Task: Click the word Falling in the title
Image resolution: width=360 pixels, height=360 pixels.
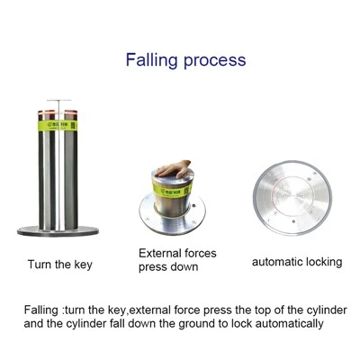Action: click(x=152, y=59)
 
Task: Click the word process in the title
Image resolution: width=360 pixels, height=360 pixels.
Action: click(x=215, y=60)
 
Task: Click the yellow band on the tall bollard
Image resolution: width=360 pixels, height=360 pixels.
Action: click(x=58, y=125)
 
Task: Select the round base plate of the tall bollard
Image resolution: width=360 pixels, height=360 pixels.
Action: click(x=58, y=231)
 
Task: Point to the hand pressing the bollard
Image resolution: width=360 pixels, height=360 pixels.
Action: click(x=174, y=168)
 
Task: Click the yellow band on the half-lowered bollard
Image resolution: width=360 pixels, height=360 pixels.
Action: click(x=172, y=190)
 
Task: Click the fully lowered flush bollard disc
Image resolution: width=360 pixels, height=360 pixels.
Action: click(x=292, y=198)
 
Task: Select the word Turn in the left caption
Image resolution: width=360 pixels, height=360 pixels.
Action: click(x=40, y=265)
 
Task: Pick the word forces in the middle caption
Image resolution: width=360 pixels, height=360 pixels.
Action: click(x=200, y=254)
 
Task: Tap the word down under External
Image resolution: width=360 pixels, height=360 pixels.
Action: click(x=184, y=266)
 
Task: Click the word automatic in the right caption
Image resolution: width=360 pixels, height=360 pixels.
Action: click(x=276, y=262)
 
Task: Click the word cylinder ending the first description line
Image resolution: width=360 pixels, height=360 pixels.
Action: click(x=327, y=310)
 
